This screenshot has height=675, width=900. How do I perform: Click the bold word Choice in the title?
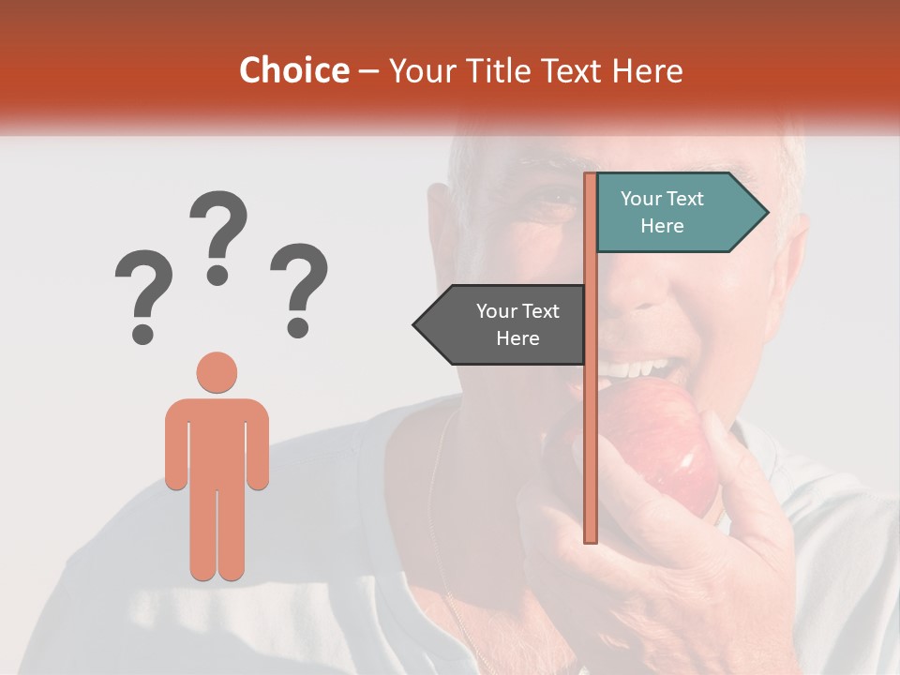click(x=293, y=70)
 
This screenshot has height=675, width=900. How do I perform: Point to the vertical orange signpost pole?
click(x=591, y=422)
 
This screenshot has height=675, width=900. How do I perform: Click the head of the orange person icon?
click(x=217, y=372)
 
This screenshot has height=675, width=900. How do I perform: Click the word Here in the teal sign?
click(x=662, y=226)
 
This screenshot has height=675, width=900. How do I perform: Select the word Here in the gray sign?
click(x=517, y=338)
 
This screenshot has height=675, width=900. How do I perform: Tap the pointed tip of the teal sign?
click(x=766, y=213)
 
